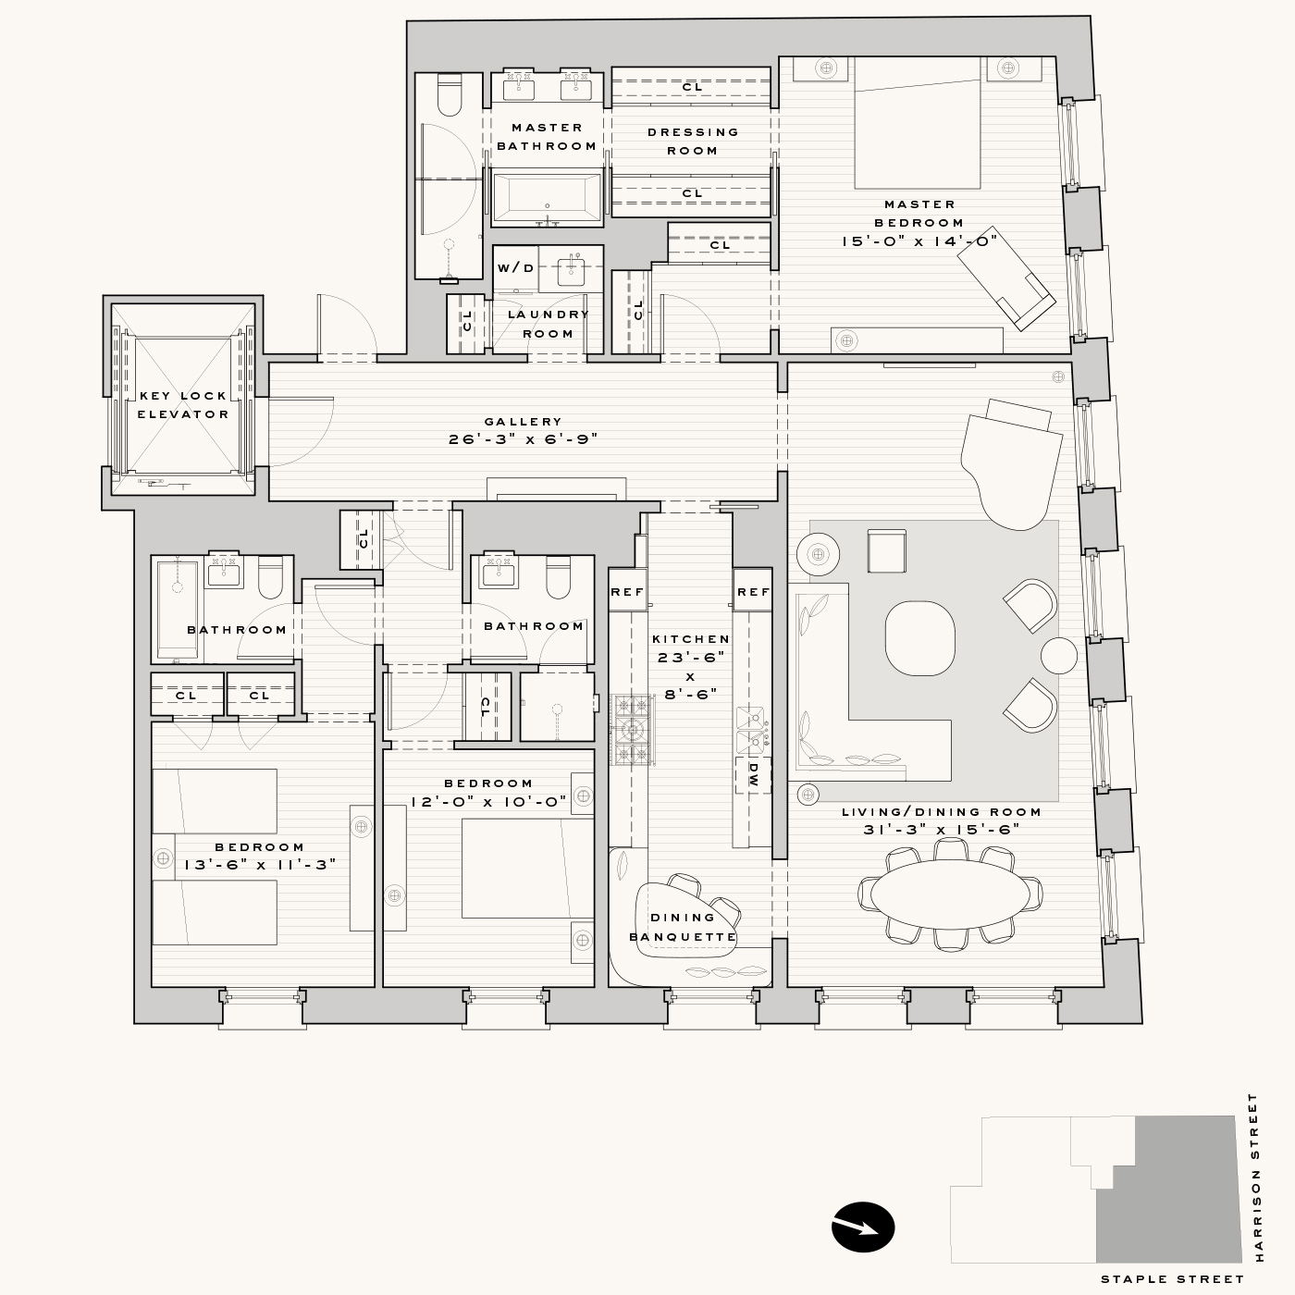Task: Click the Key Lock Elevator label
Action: pyautogui.click(x=183, y=405)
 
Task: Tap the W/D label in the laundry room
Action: pyautogui.click(x=516, y=268)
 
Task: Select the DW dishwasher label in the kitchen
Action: pyautogui.click(x=753, y=775)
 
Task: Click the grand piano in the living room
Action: pyautogui.click(x=1011, y=463)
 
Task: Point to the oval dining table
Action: pyautogui.click(x=950, y=894)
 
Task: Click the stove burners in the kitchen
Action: pyautogui.click(x=632, y=729)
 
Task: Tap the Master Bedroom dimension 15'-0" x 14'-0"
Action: pyautogui.click(x=919, y=240)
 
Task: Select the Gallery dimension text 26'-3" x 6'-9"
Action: pyautogui.click(x=523, y=439)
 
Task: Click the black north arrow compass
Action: pyautogui.click(x=863, y=1227)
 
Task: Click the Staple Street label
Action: pyautogui.click(x=1172, y=1279)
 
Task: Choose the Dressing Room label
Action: pyautogui.click(x=693, y=142)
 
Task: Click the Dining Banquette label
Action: pyautogui.click(x=683, y=927)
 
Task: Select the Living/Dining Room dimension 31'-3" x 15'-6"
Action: pyautogui.click(x=942, y=830)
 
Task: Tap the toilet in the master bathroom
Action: pyautogui.click(x=449, y=94)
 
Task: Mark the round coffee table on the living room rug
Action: pyautogui.click(x=920, y=637)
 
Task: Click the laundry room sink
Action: pyautogui.click(x=571, y=269)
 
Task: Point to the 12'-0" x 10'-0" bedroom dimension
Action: pyautogui.click(x=488, y=802)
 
